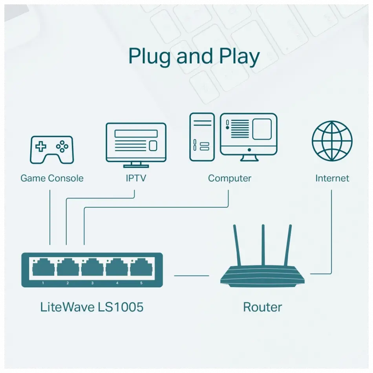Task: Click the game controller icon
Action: (x=51, y=150)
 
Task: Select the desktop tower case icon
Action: (x=202, y=137)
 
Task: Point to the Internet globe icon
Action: (x=332, y=141)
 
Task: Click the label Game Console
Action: (x=52, y=178)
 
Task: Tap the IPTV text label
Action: (x=136, y=178)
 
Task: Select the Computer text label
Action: (x=230, y=178)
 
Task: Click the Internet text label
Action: (x=332, y=178)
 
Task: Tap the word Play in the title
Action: (x=239, y=57)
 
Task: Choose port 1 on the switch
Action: (x=43, y=269)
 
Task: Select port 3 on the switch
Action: (x=92, y=269)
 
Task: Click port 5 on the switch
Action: (x=141, y=269)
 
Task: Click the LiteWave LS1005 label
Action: (x=92, y=307)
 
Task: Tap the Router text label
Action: (x=262, y=307)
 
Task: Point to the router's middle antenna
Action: (x=263, y=245)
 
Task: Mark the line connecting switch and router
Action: (x=192, y=276)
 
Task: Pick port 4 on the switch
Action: (x=117, y=269)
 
